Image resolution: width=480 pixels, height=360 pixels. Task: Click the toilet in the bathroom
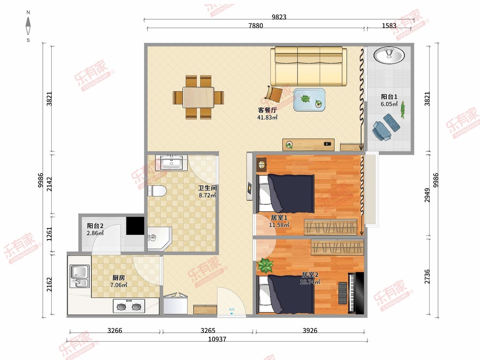tap(157, 191)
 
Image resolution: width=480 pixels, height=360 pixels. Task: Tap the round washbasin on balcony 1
tap(389, 55)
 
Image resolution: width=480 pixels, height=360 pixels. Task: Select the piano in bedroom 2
tap(356, 293)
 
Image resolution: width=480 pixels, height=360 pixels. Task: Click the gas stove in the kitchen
tap(129, 306)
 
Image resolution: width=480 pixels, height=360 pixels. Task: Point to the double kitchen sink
tap(80, 276)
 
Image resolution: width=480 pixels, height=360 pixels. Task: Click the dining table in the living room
tap(198, 97)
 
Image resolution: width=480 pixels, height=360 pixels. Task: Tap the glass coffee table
tap(309, 100)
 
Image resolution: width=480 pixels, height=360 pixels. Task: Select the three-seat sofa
tap(308, 66)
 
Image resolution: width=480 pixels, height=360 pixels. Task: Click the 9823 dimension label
tap(279, 17)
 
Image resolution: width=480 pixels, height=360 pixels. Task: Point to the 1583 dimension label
tap(389, 26)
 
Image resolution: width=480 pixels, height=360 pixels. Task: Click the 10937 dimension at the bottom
tap(217, 339)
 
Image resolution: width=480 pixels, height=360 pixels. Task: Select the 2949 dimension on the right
tap(427, 195)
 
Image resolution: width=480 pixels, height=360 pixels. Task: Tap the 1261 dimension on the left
tap(49, 234)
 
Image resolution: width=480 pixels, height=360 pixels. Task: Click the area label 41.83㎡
tap(267, 117)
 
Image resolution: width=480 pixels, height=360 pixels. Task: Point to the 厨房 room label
tap(118, 278)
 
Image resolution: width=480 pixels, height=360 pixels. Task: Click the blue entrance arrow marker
tap(232, 314)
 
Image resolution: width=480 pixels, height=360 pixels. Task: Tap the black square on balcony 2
tap(135, 226)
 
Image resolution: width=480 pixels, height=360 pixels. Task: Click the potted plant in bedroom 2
tap(265, 266)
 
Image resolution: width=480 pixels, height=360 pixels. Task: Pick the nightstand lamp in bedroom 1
tap(261, 164)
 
